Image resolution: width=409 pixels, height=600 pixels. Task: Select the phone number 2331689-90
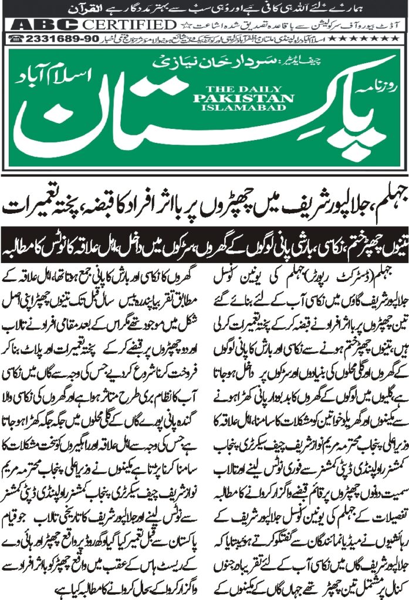pos(50,38)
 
